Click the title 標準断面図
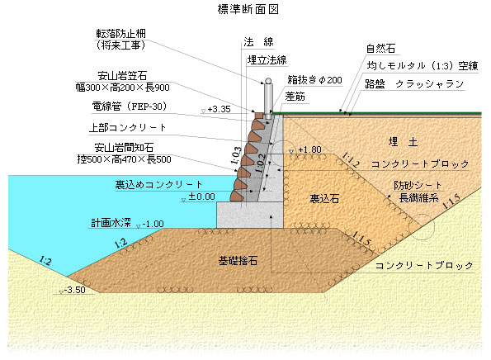[248, 9]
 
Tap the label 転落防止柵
[120, 34]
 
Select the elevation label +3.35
[219, 109]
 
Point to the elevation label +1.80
[309, 149]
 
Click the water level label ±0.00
[201, 197]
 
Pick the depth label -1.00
[153, 224]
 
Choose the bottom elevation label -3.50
[74, 290]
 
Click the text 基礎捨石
[238, 261]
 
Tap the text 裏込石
[324, 198]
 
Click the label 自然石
[380, 48]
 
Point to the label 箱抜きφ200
[314, 80]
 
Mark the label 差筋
[295, 97]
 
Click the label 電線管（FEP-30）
[129, 107]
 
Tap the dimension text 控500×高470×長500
[124, 159]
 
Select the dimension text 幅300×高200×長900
[122, 87]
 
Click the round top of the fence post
[268, 81]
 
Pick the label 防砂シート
[418, 185]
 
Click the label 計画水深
[111, 223]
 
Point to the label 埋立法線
[267, 59]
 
